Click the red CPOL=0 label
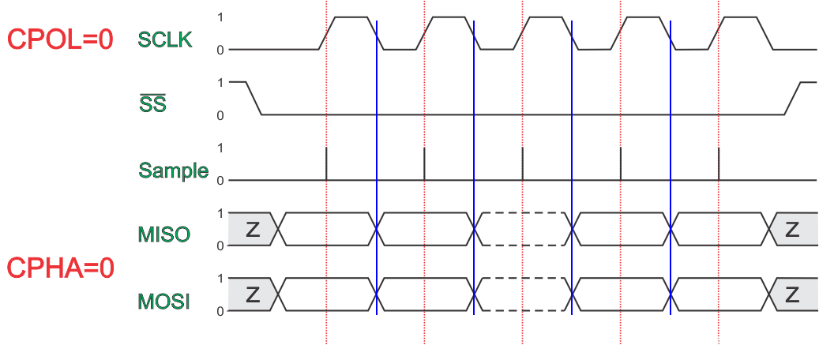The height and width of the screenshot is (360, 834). (60, 39)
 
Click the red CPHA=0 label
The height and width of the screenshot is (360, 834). (61, 268)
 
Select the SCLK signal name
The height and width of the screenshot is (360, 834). (165, 39)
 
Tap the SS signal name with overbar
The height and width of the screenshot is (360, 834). (152, 103)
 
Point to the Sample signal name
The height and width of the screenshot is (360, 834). (174, 170)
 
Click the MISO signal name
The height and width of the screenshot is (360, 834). (164, 234)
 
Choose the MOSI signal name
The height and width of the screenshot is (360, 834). (164, 301)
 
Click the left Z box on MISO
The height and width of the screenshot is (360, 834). (252, 229)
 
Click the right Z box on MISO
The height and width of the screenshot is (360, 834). (792, 229)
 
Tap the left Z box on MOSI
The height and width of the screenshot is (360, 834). (252, 295)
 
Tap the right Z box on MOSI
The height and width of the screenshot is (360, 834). (792, 295)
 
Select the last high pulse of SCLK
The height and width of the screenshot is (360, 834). (742, 17)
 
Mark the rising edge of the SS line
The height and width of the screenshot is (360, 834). (792, 98)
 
